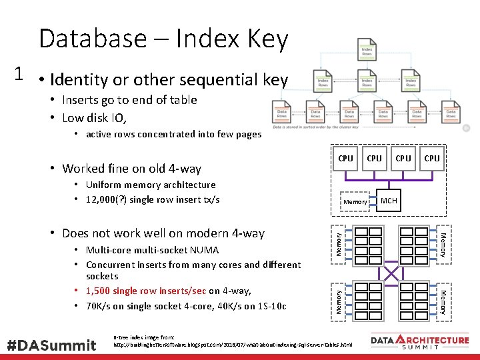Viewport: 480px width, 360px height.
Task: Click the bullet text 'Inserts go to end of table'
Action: click(x=129, y=100)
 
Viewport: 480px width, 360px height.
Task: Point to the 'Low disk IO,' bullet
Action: click(x=95, y=118)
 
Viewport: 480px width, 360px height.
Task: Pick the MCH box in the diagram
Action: click(x=389, y=200)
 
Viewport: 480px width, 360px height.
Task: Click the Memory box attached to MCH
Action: click(x=355, y=201)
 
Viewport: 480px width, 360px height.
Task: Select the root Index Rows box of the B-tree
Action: click(x=367, y=51)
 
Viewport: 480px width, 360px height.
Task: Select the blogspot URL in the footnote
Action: click(x=233, y=345)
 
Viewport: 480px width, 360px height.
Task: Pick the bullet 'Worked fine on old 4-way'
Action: click(x=131, y=168)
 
